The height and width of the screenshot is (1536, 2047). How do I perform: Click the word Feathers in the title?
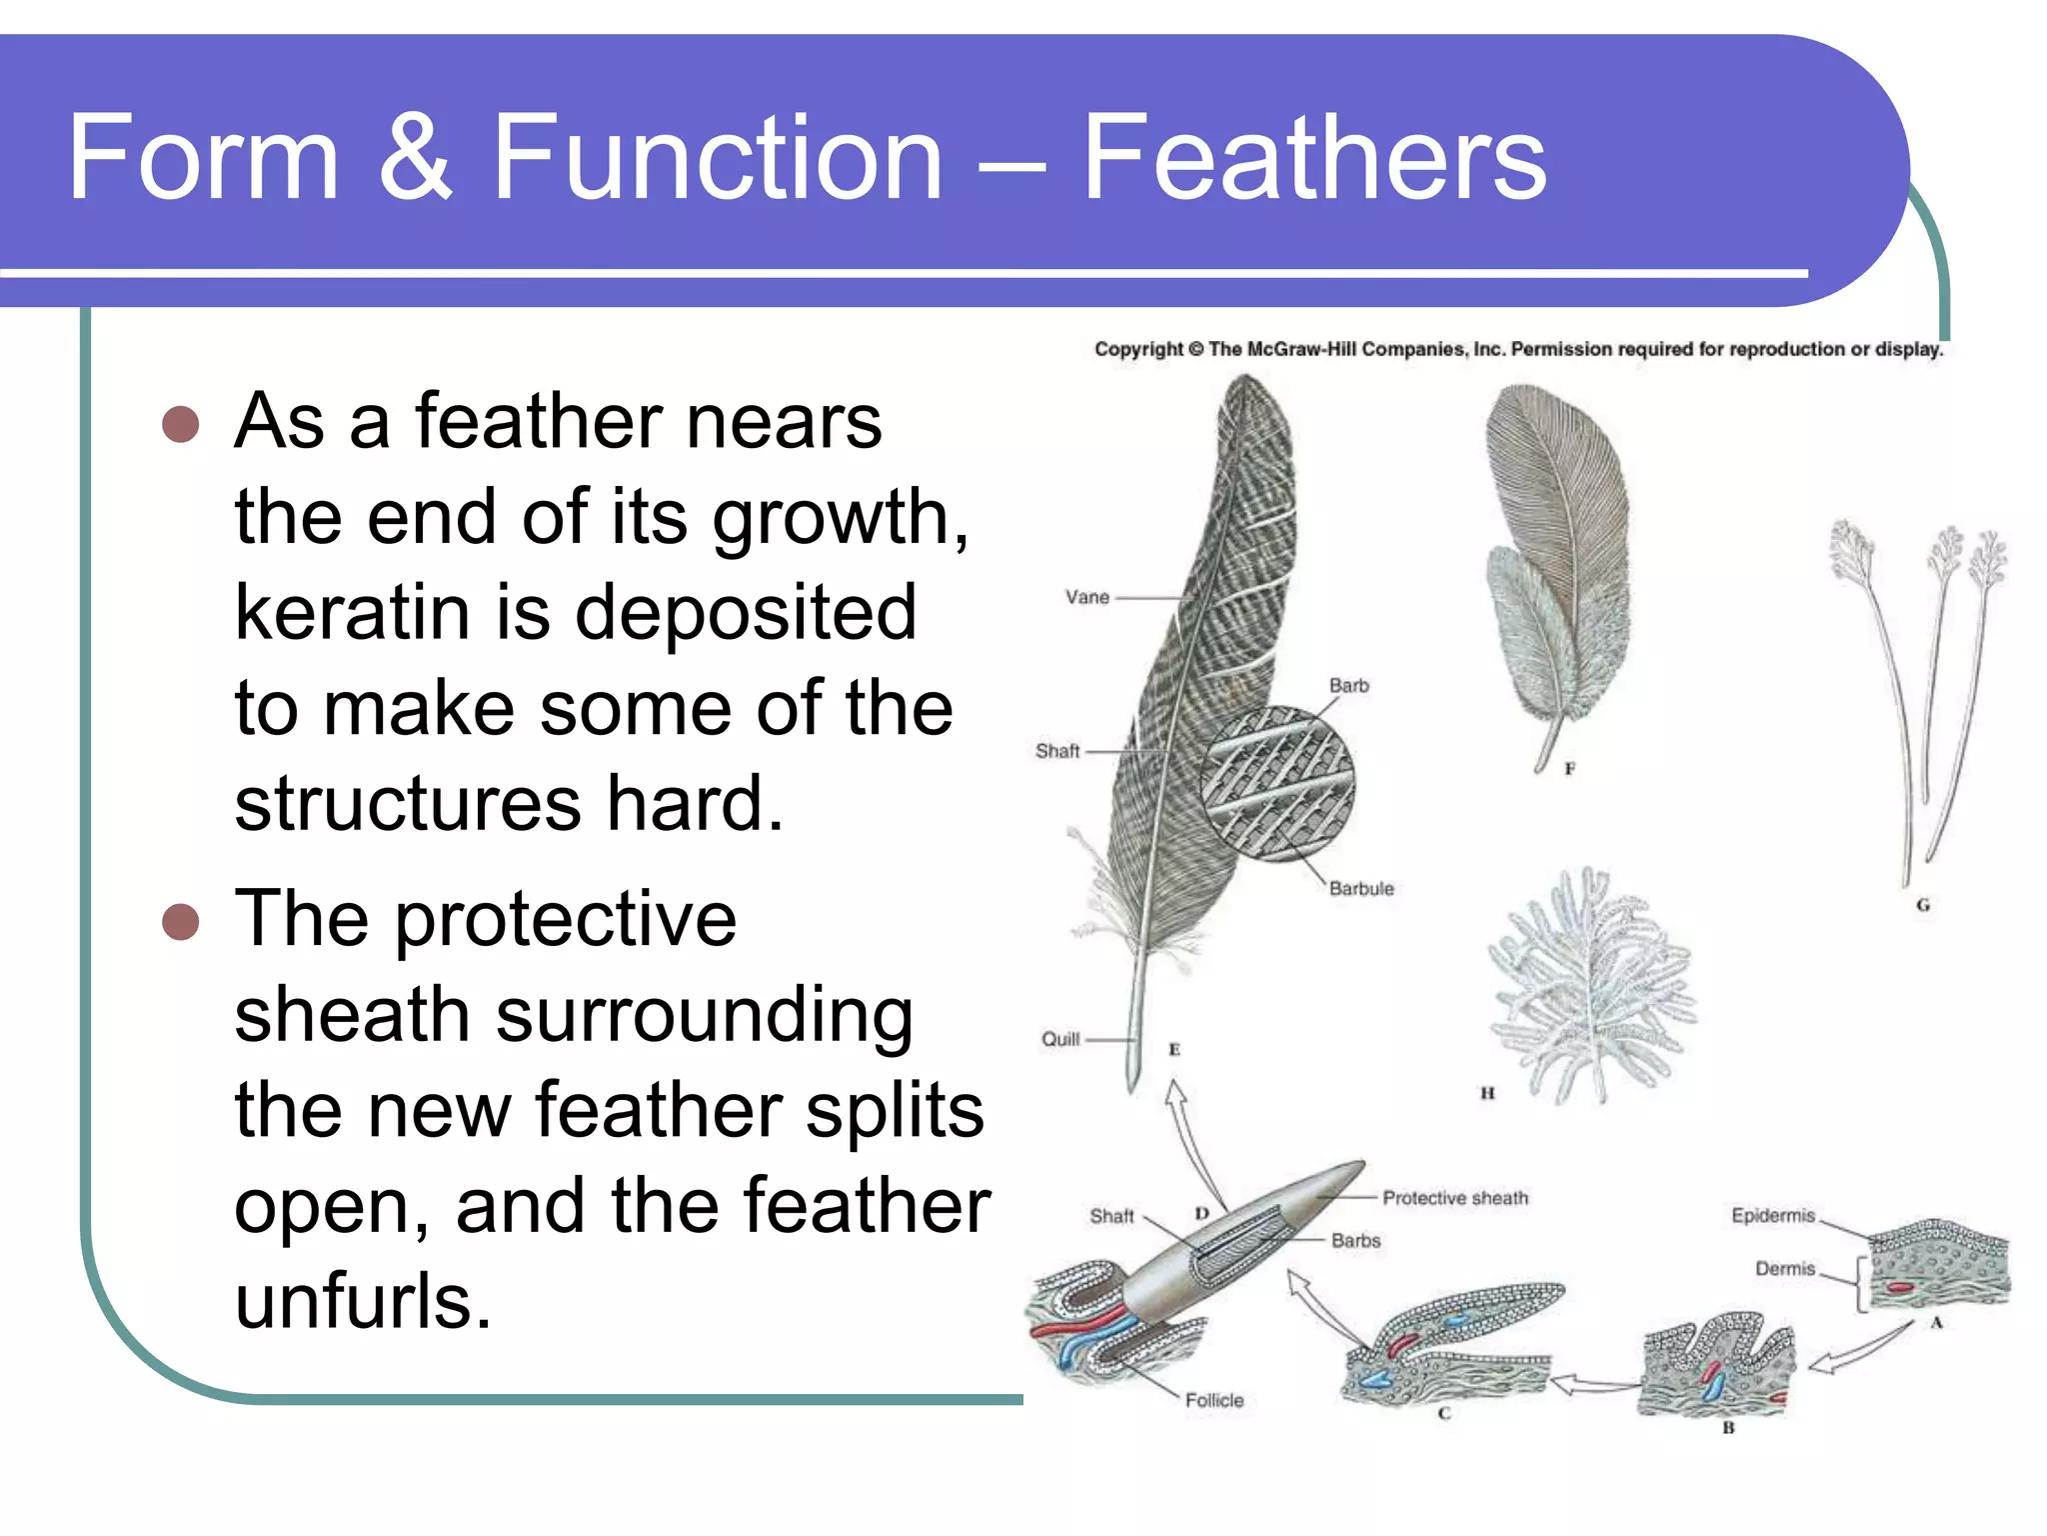1313,158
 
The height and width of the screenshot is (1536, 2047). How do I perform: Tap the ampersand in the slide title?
415,158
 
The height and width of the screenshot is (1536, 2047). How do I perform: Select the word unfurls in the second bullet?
362,1302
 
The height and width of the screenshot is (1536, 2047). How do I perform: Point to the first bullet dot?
181,424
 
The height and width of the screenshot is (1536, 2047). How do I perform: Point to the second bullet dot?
181,921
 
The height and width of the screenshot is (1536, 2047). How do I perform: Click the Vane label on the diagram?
1086,597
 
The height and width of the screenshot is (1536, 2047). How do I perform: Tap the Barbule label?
1360,888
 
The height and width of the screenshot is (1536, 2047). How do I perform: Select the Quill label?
1059,1039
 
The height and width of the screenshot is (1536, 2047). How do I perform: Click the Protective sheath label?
1454,1198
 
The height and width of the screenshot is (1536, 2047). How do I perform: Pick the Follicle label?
1214,1400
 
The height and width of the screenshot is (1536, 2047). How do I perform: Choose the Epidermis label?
1772,1215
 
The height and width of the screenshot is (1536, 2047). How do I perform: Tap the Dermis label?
1784,1268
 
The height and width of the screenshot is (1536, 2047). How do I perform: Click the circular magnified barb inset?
1276,783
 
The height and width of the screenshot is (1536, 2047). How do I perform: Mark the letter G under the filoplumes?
1922,905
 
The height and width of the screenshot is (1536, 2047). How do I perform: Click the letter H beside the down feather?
1487,1093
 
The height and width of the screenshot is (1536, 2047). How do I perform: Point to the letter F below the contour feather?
1569,768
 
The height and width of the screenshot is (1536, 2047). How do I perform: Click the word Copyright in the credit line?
1138,349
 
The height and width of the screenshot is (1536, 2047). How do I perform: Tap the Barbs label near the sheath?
1355,1240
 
